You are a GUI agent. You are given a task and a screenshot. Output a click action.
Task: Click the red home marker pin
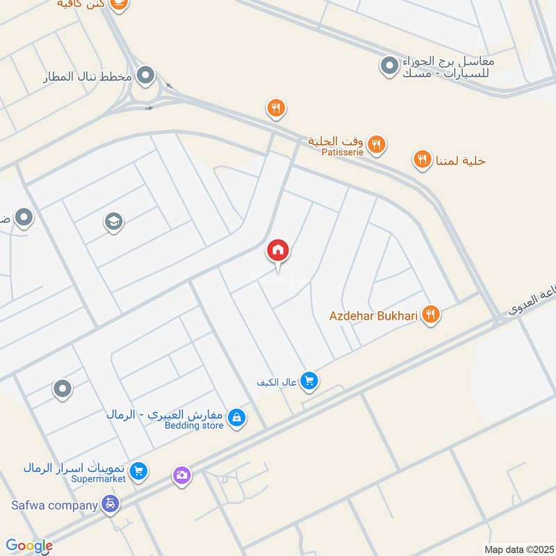pos(278,251)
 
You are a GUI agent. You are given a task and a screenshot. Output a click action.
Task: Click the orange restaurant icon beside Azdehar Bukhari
pos(431,316)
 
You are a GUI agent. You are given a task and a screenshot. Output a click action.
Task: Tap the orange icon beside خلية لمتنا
pos(422,161)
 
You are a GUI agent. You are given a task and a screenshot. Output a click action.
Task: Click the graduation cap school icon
pos(113,222)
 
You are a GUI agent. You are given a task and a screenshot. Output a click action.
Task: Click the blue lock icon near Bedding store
pos(237,417)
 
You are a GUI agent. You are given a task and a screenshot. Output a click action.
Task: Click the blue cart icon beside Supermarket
pos(139,471)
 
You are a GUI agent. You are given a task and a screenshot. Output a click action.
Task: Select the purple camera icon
pos(182,475)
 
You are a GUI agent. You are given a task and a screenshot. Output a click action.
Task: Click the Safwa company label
pos(54,505)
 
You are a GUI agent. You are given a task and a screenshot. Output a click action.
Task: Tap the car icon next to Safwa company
pos(110,504)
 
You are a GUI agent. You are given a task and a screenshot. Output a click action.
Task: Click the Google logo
pos(29,546)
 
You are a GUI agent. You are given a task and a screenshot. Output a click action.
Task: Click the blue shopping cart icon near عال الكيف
pos(310,380)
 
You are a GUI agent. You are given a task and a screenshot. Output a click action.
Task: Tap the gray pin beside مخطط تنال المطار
pos(146,75)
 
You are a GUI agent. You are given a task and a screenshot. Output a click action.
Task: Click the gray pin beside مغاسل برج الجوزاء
pos(388,66)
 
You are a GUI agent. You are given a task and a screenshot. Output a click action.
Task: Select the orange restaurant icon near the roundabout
pos(276,108)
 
